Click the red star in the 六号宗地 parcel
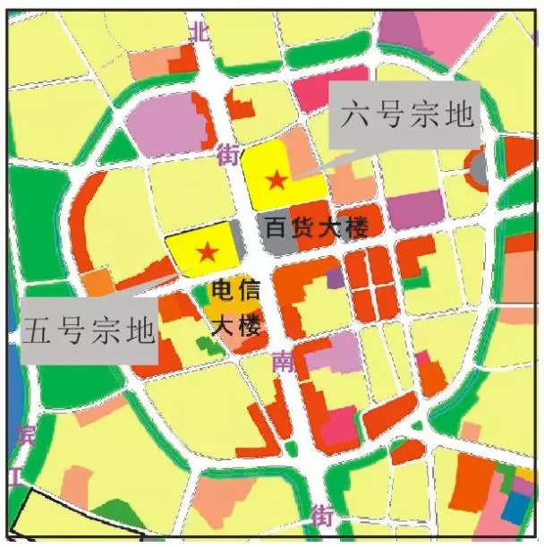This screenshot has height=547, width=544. pos(277,180)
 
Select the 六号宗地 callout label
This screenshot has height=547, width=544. pos(405,117)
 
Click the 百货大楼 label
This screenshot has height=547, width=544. pos(318,228)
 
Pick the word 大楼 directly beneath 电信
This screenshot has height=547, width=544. pos(236,323)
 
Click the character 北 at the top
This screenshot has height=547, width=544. pos(200,32)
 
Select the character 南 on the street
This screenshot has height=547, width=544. pos(285,362)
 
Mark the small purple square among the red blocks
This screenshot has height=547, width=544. pos(335,278)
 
